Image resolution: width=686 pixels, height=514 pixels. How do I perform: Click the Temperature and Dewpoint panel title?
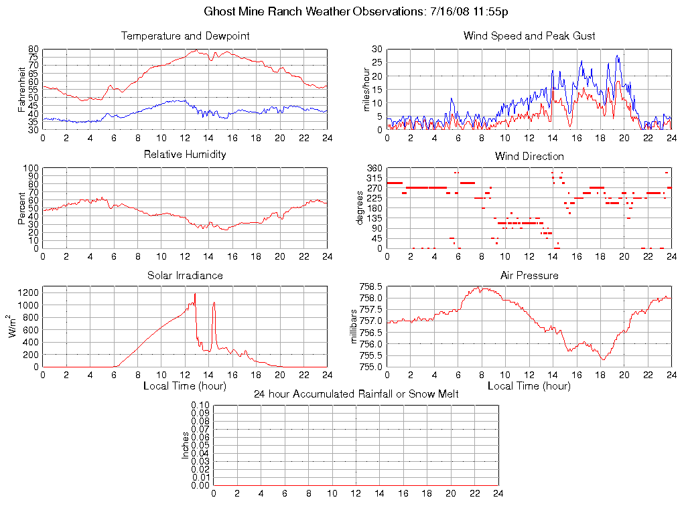click(185, 36)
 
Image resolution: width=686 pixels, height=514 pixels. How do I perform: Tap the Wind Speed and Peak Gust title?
click(529, 36)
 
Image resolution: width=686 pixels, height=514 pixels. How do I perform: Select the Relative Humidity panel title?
click(185, 155)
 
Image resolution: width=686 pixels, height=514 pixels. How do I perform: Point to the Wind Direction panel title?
click(529, 157)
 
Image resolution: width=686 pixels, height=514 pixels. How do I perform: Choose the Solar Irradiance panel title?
click(185, 276)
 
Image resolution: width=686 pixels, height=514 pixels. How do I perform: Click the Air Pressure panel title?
click(529, 276)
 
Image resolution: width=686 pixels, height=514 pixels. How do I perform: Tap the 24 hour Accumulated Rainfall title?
click(356, 394)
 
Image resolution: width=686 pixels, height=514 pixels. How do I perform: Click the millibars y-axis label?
click(355, 327)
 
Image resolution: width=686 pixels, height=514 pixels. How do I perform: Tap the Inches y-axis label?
click(186, 445)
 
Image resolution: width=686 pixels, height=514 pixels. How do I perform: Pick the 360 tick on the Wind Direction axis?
click(374, 168)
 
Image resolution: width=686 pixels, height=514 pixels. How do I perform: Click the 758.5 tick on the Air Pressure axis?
click(370, 286)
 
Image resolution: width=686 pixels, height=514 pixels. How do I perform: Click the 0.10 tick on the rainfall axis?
click(200, 405)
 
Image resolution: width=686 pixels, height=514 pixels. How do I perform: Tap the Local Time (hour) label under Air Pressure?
click(529, 386)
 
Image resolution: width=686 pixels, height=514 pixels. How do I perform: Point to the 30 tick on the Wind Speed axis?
click(376, 50)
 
